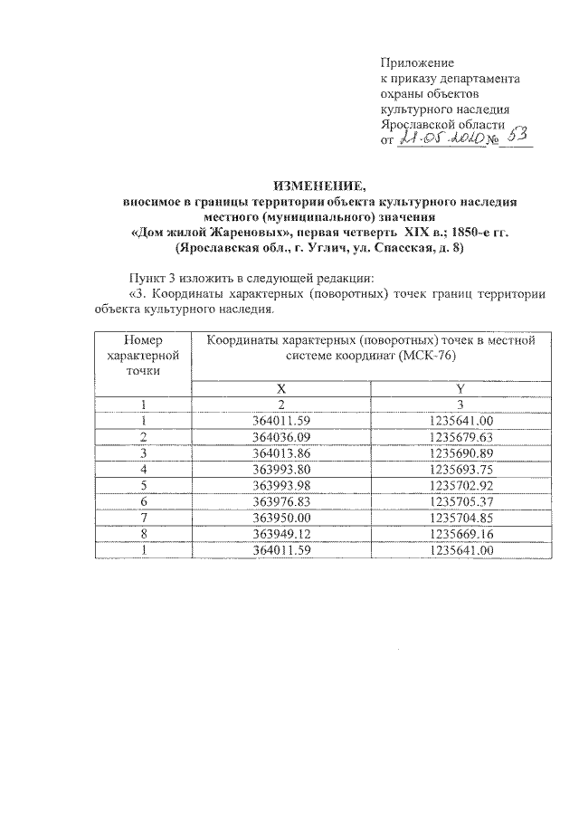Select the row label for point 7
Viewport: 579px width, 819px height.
coord(143,517)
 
